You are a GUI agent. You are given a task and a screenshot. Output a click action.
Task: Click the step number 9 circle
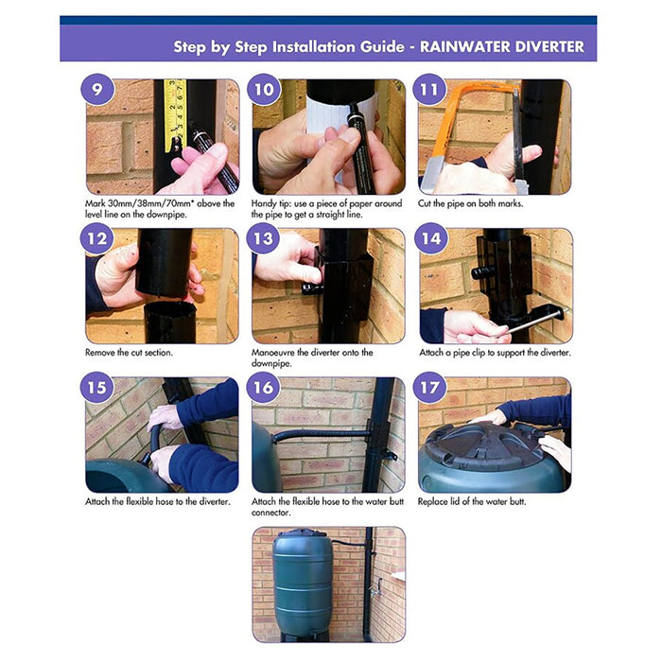coord(96,90)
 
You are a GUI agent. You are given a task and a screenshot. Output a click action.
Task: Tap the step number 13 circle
coord(263,238)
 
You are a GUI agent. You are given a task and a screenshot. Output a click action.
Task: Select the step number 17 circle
coord(429,388)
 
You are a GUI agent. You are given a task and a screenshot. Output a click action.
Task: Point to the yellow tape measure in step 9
coord(175,114)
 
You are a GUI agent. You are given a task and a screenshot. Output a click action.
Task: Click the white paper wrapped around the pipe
coord(338,122)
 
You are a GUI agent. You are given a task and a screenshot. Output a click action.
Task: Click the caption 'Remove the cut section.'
coord(129,353)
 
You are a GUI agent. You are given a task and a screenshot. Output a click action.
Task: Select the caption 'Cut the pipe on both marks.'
coord(470,203)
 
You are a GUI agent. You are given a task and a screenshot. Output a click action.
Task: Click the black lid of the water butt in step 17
coord(486,444)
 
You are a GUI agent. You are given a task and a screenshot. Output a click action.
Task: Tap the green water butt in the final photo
coord(302,584)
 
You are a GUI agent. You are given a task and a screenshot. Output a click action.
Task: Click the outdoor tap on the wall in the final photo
coord(376,588)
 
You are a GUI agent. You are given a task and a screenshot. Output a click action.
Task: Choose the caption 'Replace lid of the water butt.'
coord(472,501)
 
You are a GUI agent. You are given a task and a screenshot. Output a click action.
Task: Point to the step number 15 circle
coord(96,388)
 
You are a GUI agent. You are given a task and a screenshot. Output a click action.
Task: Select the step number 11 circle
coord(429,90)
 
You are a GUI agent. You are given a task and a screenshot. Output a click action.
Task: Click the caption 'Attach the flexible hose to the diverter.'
coord(158,501)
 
